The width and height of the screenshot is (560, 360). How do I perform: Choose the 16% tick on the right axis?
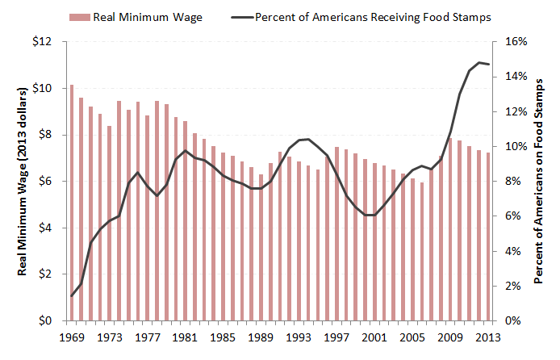516,41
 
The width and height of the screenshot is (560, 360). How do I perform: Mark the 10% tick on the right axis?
516,146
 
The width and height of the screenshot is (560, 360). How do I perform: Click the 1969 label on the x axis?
71,337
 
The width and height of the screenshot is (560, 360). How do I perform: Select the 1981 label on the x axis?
186,337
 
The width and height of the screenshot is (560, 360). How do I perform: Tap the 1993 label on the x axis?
299,337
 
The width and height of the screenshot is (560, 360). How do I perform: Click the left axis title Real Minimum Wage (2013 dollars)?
23,180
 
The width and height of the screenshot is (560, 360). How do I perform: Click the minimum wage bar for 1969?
72,203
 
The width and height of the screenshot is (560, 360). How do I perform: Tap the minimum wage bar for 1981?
186,220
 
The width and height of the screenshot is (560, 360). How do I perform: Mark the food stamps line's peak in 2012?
479,62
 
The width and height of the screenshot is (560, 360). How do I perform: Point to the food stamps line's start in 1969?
72,295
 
